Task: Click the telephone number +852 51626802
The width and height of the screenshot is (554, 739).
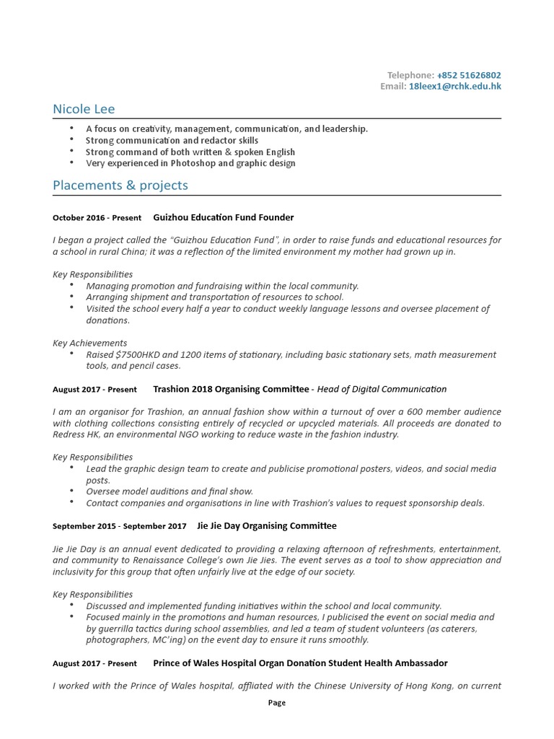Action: coord(469,75)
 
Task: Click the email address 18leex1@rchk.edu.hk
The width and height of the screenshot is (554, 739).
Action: coord(454,87)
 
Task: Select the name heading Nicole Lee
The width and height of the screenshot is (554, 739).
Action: coord(84,109)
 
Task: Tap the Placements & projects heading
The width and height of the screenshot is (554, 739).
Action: coord(120,185)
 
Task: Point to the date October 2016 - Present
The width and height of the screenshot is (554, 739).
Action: coord(97,218)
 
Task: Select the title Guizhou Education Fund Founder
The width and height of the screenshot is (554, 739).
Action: coord(224,217)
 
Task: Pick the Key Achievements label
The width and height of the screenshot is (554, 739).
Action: coord(89,344)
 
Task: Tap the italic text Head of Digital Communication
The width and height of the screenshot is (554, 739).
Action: coord(382,389)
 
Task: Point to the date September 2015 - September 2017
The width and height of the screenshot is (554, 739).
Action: coord(119,526)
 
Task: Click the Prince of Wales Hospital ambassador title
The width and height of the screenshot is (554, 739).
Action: coord(300,663)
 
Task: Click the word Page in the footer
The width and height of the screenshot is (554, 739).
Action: coord(277,703)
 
